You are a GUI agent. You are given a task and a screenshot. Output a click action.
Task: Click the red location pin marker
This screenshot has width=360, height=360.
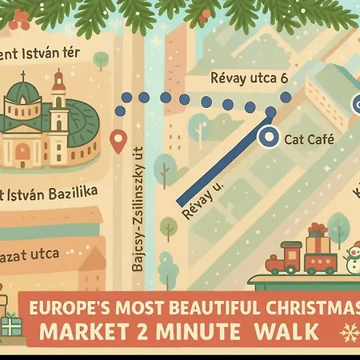pos(118,142)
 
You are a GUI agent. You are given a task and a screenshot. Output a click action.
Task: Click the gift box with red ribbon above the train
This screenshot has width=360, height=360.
pos(317,239)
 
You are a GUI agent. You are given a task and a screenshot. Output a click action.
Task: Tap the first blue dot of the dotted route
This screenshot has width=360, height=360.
pos(125,97)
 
